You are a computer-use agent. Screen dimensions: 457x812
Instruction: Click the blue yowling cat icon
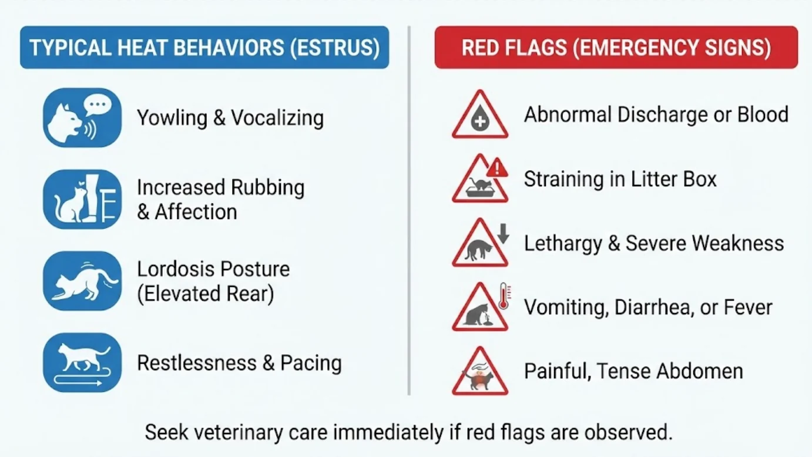(82, 117)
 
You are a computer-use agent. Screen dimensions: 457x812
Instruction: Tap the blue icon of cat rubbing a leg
(82, 199)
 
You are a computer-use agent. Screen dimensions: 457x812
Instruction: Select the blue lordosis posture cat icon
(82, 281)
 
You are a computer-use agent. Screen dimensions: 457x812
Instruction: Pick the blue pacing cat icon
(82, 362)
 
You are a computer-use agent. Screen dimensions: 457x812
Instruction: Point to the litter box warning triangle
(480, 181)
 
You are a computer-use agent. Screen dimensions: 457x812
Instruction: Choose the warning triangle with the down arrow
(480, 245)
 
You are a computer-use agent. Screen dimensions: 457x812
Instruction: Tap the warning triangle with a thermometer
(480, 309)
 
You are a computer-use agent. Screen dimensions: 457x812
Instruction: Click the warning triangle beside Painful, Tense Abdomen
(480, 373)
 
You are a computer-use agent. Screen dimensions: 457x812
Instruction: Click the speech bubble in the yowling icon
(97, 106)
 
